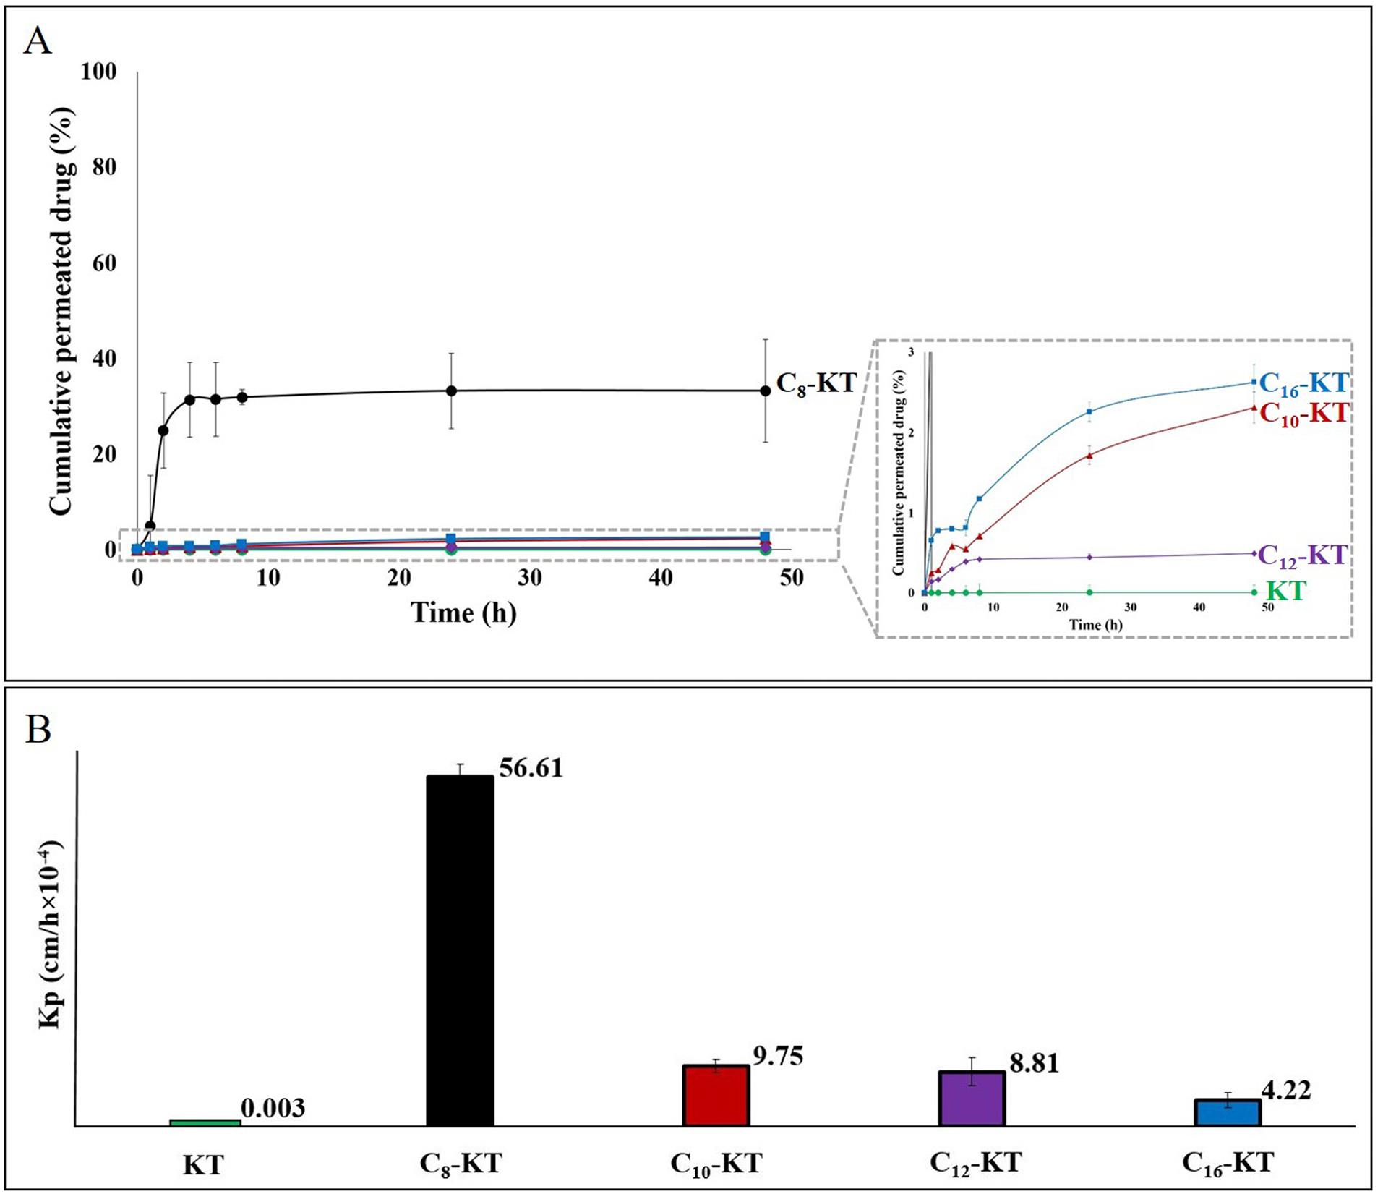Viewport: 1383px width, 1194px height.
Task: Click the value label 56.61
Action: [x=531, y=768]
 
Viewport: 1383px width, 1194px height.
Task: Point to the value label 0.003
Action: [x=273, y=1108]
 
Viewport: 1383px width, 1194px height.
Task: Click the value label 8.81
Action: [x=1034, y=1063]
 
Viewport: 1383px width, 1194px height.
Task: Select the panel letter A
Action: [x=38, y=41]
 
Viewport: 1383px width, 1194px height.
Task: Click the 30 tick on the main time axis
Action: [x=530, y=578]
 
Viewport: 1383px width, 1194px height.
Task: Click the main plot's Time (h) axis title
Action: [x=463, y=613]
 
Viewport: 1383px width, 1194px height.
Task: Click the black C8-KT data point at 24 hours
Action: [x=451, y=391]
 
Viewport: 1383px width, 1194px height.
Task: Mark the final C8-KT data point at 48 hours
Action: [x=766, y=391]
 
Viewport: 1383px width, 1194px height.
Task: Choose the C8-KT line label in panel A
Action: [x=815, y=383]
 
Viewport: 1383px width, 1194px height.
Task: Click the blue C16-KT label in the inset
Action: [x=1303, y=384]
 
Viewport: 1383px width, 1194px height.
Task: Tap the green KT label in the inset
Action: [x=1286, y=591]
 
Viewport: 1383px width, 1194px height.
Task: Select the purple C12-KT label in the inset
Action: [x=1302, y=555]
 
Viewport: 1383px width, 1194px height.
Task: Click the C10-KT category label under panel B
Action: [x=716, y=1164]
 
